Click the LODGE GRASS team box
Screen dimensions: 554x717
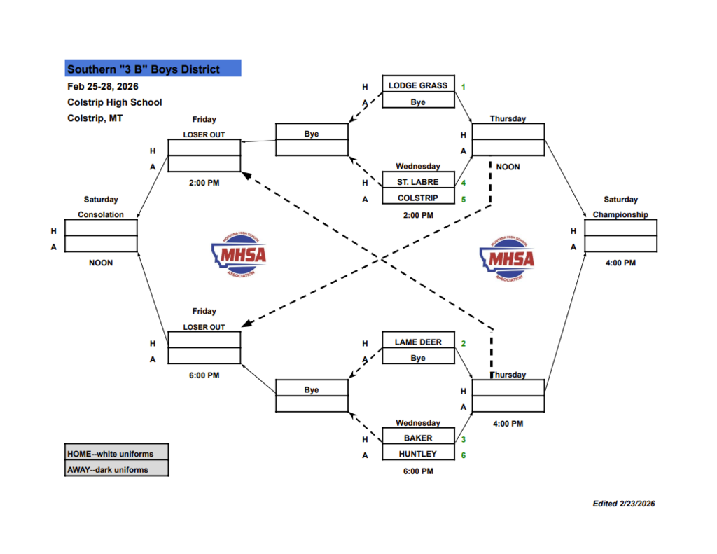click(x=418, y=85)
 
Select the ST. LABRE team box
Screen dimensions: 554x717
click(x=418, y=182)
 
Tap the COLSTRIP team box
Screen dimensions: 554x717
click(x=418, y=198)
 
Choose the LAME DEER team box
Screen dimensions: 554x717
click(x=418, y=342)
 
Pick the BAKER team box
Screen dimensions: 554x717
click(x=418, y=438)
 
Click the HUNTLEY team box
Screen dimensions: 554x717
click(x=418, y=454)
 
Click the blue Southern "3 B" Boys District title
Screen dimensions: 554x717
click(x=153, y=69)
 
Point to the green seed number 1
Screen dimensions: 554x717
click(x=464, y=87)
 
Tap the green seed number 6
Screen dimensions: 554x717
click(x=464, y=455)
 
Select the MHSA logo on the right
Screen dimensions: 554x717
click(x=506, y=259)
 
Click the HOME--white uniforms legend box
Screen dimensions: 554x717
click(x=116, y=453)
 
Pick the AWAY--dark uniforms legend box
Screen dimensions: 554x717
click(x=116, y=469)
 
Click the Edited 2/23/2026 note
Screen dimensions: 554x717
click(x=623, y=504)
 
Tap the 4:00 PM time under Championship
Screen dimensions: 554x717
click(x=620, y=263)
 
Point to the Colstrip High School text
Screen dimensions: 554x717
click(x=114, y=102)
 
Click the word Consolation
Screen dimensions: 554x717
click(x=100, y=214)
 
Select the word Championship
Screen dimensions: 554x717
click(x=620, y=214)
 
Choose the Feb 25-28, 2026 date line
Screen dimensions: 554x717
click(x=102, y=87)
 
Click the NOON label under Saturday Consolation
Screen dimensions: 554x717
click(x=100, y=263)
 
